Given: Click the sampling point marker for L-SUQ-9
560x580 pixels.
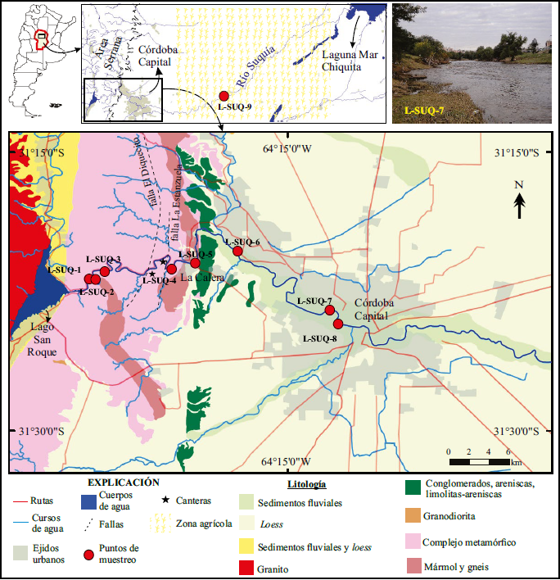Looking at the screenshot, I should (224, 96).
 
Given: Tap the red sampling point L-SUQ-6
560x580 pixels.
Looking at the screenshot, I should (237, 251).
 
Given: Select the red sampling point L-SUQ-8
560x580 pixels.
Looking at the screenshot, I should (338, 324).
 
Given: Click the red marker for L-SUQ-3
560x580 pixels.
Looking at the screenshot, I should (105, 271).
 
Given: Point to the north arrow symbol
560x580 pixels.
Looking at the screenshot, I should (519, 202).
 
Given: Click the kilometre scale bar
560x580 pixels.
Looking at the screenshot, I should (479, 462).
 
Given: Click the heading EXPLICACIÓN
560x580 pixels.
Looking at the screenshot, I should (124, 483).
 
